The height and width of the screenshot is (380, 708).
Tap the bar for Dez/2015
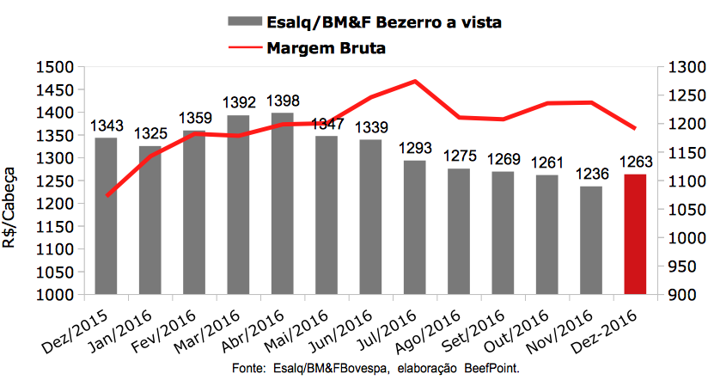pos(105,215)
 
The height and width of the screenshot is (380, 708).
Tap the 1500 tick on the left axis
pos(55,67)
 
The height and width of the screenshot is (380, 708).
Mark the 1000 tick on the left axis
pos(55,295)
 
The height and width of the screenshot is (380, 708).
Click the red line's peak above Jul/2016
pos(416,82)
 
